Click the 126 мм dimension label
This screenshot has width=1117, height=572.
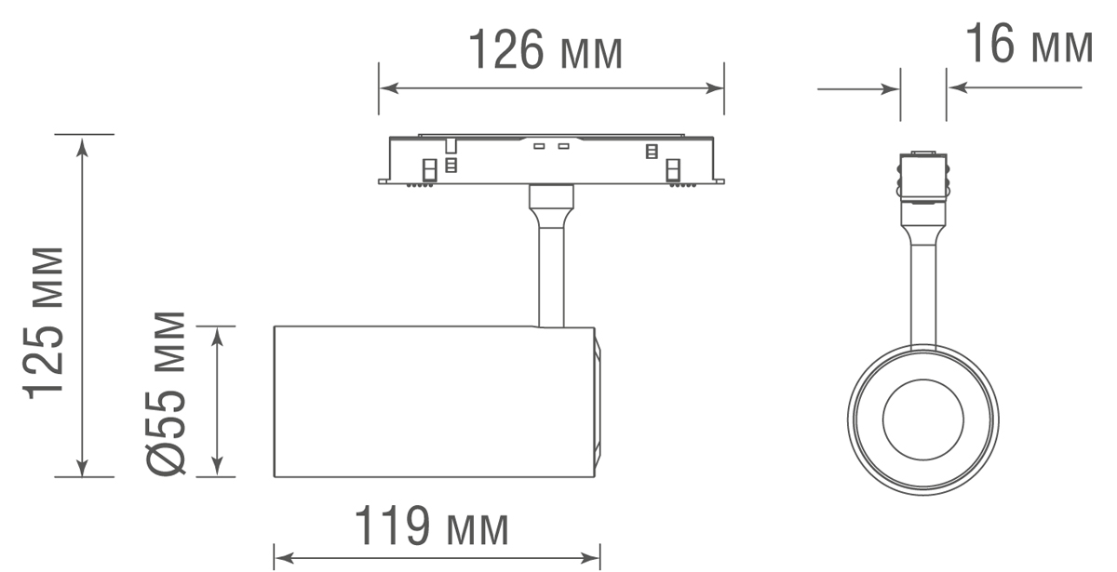click(x=545, y=51)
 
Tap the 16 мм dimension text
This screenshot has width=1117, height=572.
click(x=1029, y=44)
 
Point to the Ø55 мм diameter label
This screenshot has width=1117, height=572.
click(x=168, y=392)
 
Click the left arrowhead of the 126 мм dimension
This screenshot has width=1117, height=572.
click(x=387, y=88)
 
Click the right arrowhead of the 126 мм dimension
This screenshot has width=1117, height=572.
click(x=716, y=88)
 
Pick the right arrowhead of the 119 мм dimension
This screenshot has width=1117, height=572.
click(x=592, y=558)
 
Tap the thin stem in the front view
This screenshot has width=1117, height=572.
click(x=922, y=293)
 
